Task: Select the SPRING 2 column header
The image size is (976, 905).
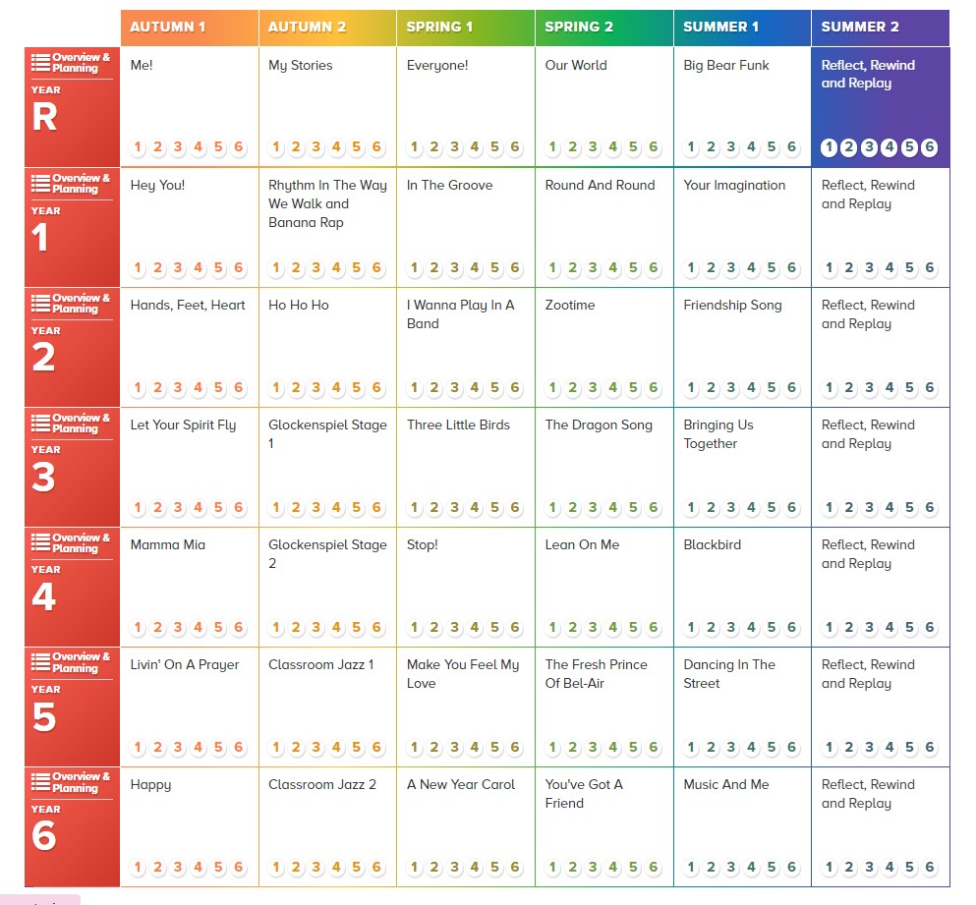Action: pos(579,27)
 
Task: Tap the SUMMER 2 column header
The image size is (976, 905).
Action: pos(860,27)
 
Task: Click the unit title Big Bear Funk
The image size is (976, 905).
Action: pos(726,66)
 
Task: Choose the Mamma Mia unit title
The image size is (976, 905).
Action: pos(168,544)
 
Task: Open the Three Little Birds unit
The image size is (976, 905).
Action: pos(458,424)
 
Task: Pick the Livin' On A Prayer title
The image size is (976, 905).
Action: pos(185,664)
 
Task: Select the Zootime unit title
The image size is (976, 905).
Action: pos(570,305)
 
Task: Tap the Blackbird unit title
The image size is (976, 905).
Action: pos(713,544)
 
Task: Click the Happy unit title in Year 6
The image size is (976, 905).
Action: pos(150,784)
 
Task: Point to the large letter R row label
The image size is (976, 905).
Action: pos(44,118)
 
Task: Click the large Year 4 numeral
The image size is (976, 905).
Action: pos(43,597)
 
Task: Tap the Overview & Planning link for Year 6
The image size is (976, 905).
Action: pos(72,782)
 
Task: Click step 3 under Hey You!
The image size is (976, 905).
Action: pos(178,268)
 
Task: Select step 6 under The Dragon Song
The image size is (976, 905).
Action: pos(654,508)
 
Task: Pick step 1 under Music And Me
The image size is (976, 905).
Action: pos(691,868)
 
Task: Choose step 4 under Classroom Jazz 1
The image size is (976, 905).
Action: pos(336,748)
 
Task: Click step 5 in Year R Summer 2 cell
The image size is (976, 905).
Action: pos(909,148)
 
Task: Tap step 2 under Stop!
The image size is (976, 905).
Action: pos(433,628)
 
